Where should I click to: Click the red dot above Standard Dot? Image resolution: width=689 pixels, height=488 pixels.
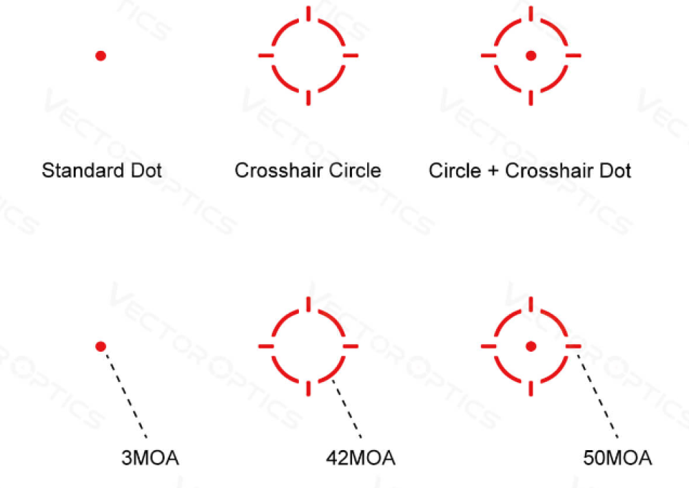[101, 56]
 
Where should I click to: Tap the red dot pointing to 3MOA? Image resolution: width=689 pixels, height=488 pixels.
[101, 346]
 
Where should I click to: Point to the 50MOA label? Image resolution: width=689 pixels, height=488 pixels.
[617, 458]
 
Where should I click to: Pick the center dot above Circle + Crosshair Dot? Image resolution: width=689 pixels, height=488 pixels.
[531, 56]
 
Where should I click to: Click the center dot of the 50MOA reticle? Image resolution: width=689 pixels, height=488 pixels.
[531, 346]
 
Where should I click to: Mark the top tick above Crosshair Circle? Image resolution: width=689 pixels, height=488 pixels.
[308, 14]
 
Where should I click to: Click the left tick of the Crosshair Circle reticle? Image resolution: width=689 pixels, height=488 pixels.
[266, 56]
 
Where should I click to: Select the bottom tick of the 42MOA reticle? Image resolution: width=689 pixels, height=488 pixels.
[308, 388]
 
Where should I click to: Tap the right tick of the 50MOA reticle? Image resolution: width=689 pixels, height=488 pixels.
[573, 346]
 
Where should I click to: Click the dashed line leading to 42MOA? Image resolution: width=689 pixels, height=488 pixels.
[347, 409]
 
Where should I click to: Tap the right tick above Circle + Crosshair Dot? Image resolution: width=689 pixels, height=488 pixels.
[573, 56]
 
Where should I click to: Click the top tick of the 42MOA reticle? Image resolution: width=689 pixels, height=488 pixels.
[308, 304]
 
